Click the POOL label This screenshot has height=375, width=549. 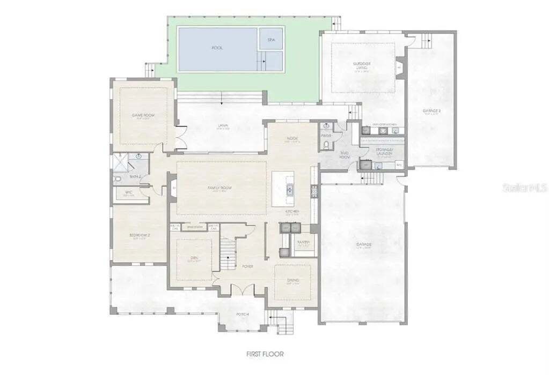(x=217, y=48)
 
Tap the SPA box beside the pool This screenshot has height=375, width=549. (x=271, y=39)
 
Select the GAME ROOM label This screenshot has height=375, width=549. (x=143, y=115)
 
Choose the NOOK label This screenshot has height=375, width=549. (x=292, y=139)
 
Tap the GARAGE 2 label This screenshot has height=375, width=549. (x=431, y=112)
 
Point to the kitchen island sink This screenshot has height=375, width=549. (x=289, y=189)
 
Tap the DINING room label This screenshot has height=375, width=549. (x=293, y=280)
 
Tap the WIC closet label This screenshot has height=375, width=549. (x=129, y=193)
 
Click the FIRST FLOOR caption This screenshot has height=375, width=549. (x=265, y=354)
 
